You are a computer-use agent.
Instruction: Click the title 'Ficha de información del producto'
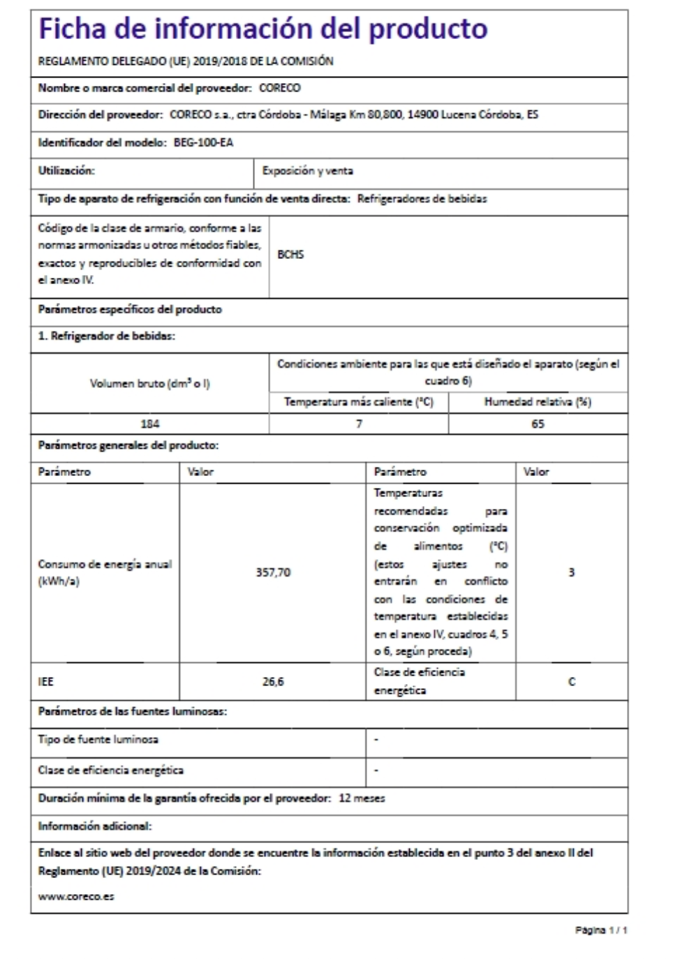click(x=263, y=29)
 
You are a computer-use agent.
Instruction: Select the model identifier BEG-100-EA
click(x=203, y=142)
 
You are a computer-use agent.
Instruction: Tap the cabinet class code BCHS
click(x=290, y=255)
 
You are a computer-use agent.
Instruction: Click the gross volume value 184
click(x=150, y=424)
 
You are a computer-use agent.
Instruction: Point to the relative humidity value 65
click(x=538, y=424)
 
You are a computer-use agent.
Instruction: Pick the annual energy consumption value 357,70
click(x=273, y=572)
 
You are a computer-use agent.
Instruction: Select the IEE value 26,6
click(x=273, y=681)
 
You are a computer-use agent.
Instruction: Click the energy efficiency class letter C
click(x=572, y=681)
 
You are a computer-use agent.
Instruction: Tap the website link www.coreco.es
click(x=76, y=896)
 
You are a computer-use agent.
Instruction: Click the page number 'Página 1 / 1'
click(x=601, y=930)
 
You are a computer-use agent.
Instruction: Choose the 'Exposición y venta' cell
click(x=307, y=170)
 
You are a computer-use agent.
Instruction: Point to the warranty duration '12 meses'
click(x=362, y=798)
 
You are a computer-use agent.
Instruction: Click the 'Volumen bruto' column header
click(x=150, y=383)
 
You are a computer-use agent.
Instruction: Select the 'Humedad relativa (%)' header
click(x=538, y=402)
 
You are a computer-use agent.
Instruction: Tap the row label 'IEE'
click(x=46, y=681)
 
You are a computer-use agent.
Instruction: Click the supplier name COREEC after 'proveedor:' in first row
click(x=279, y=88)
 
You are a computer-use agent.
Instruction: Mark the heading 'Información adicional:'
click(x=95, y=826)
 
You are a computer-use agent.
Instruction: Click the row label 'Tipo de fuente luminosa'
click(x=98, y=739)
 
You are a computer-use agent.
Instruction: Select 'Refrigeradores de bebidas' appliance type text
click(x=422, y=199)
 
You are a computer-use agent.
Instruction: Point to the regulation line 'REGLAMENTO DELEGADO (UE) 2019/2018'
click(x=186, y=61)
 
